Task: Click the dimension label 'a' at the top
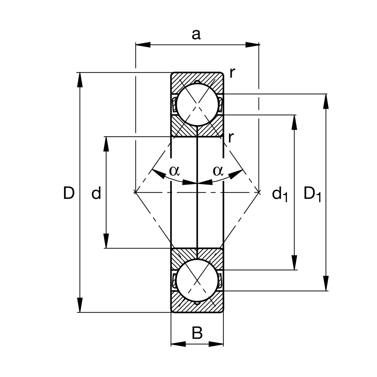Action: pyautogui.click(x=196, y=35)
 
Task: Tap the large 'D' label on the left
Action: pyautogui.click(x=69, y=193)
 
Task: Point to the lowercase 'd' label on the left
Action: pyautogui.click(x=96, y=193)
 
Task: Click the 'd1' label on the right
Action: pyautogui.click(x=280, y=194)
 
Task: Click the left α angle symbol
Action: pyautogui.click(x=174, y=171)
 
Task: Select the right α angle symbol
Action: pyautogui.click(x=218, y=171)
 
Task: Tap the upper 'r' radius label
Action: pyautogui.click(x=232, y=73)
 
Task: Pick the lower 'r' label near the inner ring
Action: pyautogui.click(x=231, y=137)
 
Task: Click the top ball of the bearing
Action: pyautogui.click(x=197, y=105)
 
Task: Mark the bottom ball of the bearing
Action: pyautogui.click(x=197, y=280)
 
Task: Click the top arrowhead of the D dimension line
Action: pyautogui.click(x=80, y=80)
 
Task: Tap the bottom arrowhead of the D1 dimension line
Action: pyautogui.click(x=326, y=283)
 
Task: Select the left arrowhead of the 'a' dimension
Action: pyautogui.click(x=143, y=45)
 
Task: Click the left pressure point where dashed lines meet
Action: pyautogui.click(x=135, y=191)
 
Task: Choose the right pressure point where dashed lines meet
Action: pyautogui.click(x=259, y=191)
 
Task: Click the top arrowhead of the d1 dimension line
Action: pyautogui.click(x=294, y=123)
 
